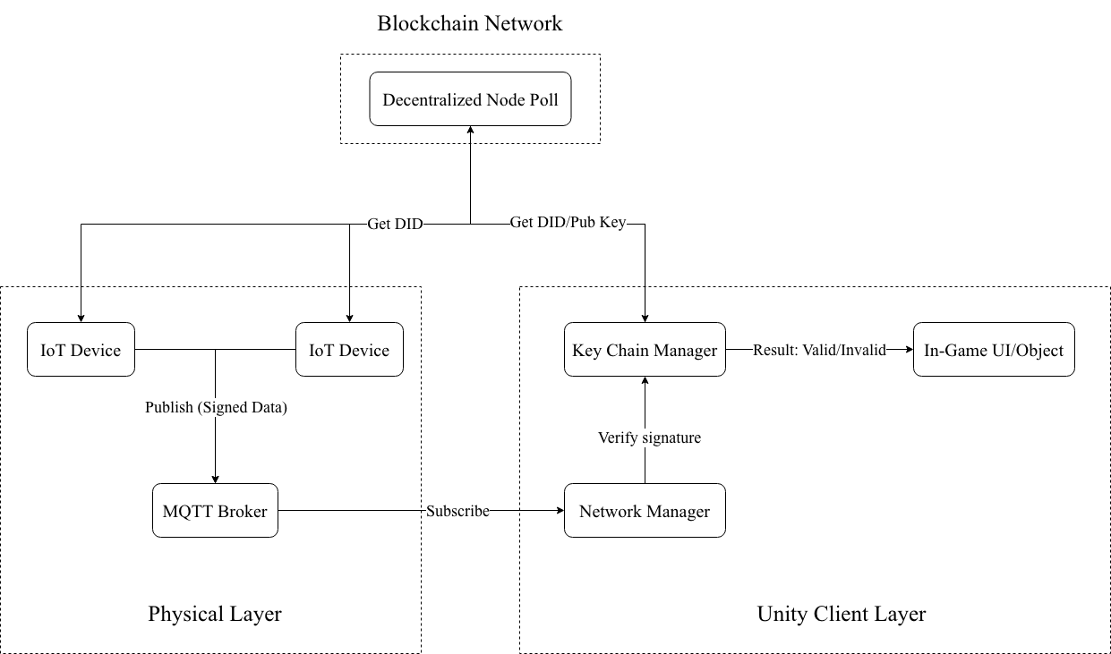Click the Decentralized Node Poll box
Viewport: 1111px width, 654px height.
(470, 99)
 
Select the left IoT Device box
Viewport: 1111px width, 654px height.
(81, 350)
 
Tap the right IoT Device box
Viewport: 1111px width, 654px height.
(349, 350)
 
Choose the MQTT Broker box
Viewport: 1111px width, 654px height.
(215, 511)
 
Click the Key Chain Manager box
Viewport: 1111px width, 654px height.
(645, 350)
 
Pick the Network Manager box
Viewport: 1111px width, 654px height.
(645, 511)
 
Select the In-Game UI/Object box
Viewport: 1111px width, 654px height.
(994, 350)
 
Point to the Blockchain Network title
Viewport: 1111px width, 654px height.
(470, 23)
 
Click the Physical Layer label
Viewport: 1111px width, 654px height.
(215, 614)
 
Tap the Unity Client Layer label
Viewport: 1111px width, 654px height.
(842, 614)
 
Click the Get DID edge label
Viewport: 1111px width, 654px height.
(395, 224)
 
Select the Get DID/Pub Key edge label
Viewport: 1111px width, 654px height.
(568, 223)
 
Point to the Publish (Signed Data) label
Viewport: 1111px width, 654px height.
(216, 407)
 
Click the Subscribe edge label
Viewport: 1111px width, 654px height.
(457, 511)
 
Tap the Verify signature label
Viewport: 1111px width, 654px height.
(649, 437)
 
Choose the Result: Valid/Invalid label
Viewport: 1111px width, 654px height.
(819, 350)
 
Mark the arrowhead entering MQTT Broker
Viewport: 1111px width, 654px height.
(215, 479)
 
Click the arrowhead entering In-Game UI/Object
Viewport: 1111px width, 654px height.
(908, 350)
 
